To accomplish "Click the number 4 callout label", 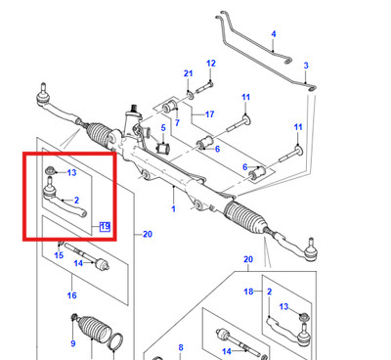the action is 274,34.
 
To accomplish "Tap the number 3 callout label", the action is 306,66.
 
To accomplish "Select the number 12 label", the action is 211,64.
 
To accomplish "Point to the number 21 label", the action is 188,73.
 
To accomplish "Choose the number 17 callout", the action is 209,114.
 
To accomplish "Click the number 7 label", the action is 177,123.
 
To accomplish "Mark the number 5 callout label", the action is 163,128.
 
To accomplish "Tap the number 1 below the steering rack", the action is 173,208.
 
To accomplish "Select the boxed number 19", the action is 105,226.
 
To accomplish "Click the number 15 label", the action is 59,255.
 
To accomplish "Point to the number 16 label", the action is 71,295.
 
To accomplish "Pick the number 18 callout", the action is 248,292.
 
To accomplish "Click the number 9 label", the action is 72,343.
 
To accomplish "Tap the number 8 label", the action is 181,348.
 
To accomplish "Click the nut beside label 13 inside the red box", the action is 50,170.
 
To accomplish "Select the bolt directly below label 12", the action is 204,87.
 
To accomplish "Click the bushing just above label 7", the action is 170,105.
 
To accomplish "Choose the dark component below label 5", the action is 162,148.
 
